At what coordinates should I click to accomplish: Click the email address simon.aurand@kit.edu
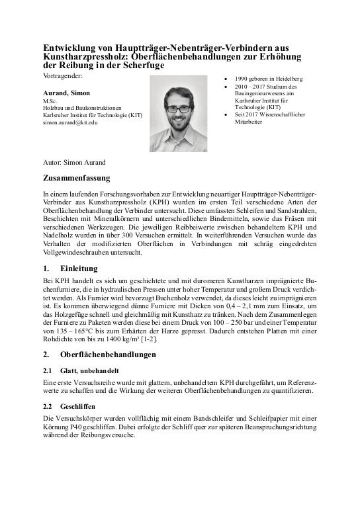(x=70, y=123)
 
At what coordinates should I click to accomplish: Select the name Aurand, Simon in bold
(x=66, y=93)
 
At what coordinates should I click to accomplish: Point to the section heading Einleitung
(x=79, y=269)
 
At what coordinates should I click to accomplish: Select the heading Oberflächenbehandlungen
(x=108, y=355)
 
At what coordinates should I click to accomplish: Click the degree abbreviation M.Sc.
(x=50, y=101)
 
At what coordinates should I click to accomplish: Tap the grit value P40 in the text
(x=93, y=427)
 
